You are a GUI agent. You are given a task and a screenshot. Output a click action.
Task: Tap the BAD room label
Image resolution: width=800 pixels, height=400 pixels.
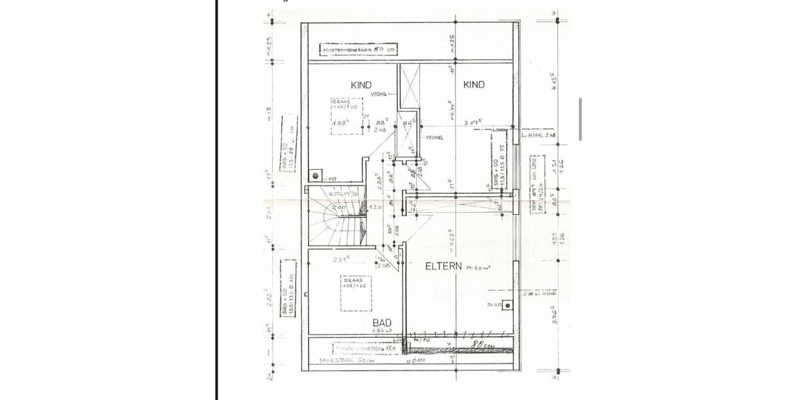[x=382, y=323]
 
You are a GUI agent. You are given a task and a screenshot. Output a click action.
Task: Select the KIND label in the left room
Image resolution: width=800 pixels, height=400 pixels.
[x=361, y=85]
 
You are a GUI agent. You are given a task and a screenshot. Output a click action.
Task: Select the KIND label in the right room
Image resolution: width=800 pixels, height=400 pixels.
[x=474, y=85]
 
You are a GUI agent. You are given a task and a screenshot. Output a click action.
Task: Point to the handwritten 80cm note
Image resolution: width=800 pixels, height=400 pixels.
[x=482, y=345]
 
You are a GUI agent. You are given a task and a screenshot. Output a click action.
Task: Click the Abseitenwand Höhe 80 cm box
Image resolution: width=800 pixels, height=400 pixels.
[x=359, y=49]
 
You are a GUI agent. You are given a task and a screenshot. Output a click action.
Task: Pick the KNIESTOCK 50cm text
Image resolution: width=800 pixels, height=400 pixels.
[x=347, y=360]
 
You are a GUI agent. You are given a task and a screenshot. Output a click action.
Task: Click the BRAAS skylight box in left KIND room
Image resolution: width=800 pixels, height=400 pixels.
[x=346, y=116]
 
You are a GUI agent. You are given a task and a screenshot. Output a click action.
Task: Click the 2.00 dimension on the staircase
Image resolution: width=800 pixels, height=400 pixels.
[x=339, y=207]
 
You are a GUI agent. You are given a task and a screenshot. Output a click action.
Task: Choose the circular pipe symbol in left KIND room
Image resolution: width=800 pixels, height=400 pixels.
[x=315, y=177]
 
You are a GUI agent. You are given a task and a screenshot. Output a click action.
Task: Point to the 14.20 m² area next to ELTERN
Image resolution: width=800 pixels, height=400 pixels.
[x=478, y=267]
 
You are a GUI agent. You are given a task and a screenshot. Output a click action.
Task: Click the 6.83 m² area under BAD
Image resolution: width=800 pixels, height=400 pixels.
[x=381, y=331]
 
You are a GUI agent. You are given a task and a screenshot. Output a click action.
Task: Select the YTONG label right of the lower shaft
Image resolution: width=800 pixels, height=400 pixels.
[x=434, y=137]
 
